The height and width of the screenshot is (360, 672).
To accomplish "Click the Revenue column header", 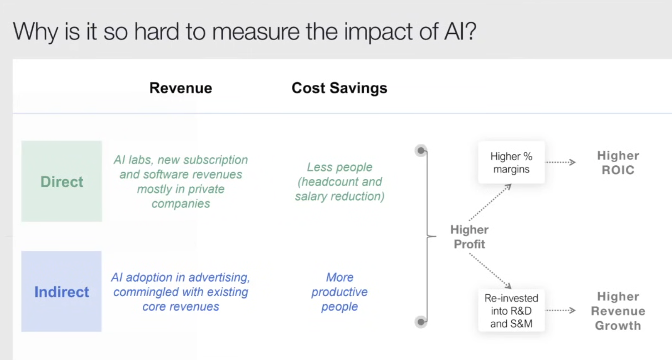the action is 181,88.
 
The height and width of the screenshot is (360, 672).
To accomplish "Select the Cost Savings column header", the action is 339,88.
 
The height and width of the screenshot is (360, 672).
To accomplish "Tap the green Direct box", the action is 61,181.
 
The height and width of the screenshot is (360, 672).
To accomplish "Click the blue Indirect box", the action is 61,291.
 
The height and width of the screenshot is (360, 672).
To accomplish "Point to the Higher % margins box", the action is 511,162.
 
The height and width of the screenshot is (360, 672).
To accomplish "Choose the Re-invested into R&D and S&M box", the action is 511,310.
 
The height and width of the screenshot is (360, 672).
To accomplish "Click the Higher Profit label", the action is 470,237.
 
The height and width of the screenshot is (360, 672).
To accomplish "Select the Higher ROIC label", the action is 618,163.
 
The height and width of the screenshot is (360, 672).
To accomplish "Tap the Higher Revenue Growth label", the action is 618,311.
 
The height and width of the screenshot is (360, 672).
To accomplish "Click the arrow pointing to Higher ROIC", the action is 560,162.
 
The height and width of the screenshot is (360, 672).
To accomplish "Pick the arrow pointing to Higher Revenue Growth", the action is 560,310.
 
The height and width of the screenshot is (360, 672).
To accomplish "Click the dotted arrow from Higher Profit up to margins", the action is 490,203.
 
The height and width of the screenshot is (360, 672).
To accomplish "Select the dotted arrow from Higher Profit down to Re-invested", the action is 490,271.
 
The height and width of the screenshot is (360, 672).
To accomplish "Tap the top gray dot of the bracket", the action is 421,150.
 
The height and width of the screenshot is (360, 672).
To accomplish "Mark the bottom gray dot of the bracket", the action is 421,322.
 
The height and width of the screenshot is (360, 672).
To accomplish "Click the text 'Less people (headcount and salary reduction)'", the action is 340,182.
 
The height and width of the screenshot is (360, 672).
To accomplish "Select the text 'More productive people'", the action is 340,292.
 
